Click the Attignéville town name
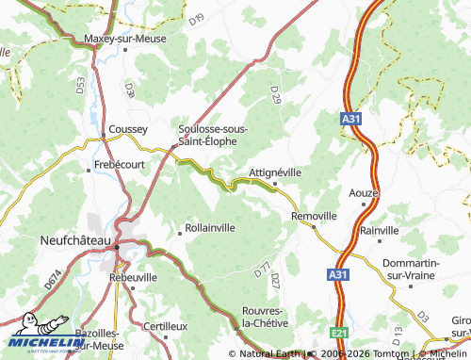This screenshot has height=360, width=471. click(275, 172)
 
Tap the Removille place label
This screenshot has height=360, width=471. click(314, 216)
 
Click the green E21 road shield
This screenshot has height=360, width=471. click(339, 333)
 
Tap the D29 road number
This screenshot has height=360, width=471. click(275, 94)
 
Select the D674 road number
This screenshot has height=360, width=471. click(52, 280)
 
